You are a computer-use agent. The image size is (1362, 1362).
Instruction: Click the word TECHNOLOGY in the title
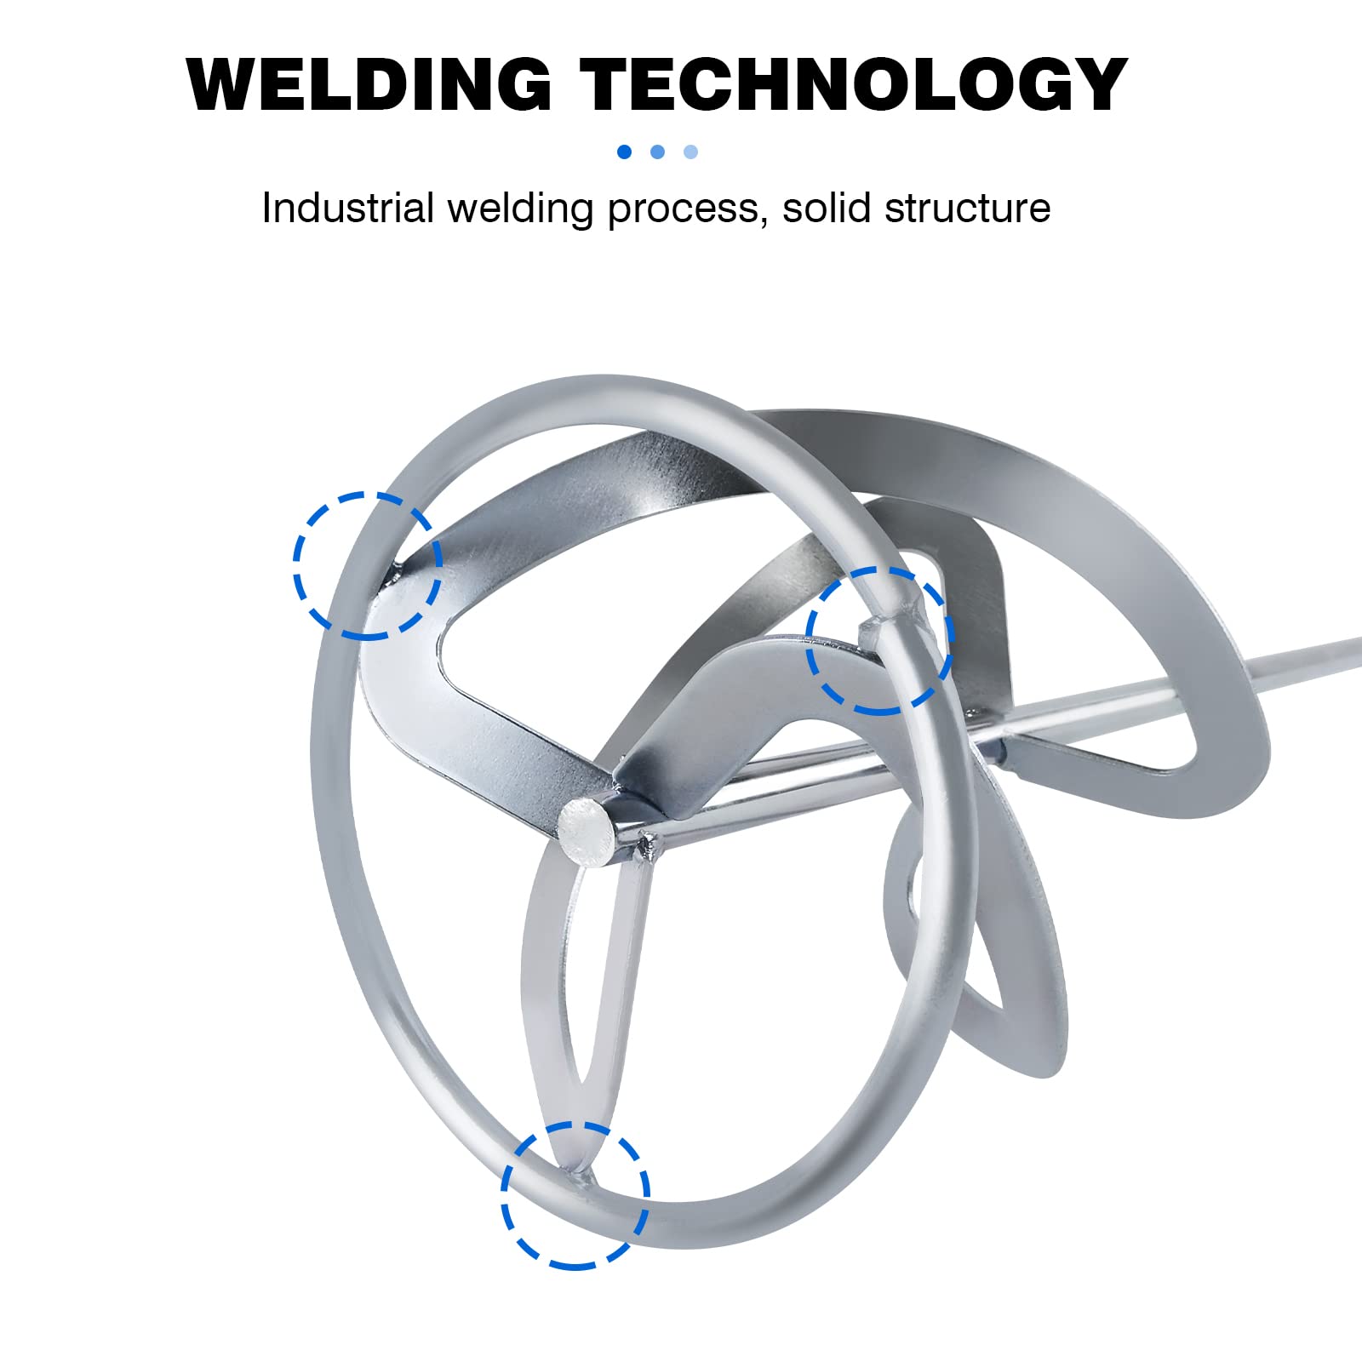coord(854,84)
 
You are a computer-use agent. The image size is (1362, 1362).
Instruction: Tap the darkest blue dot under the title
coord(624,152)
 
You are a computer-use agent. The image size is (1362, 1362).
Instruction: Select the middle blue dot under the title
coord(657,152)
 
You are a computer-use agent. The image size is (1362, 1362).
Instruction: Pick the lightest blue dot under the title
coord(690,152)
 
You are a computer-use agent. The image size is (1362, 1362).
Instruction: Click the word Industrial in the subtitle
coord(348,207)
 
